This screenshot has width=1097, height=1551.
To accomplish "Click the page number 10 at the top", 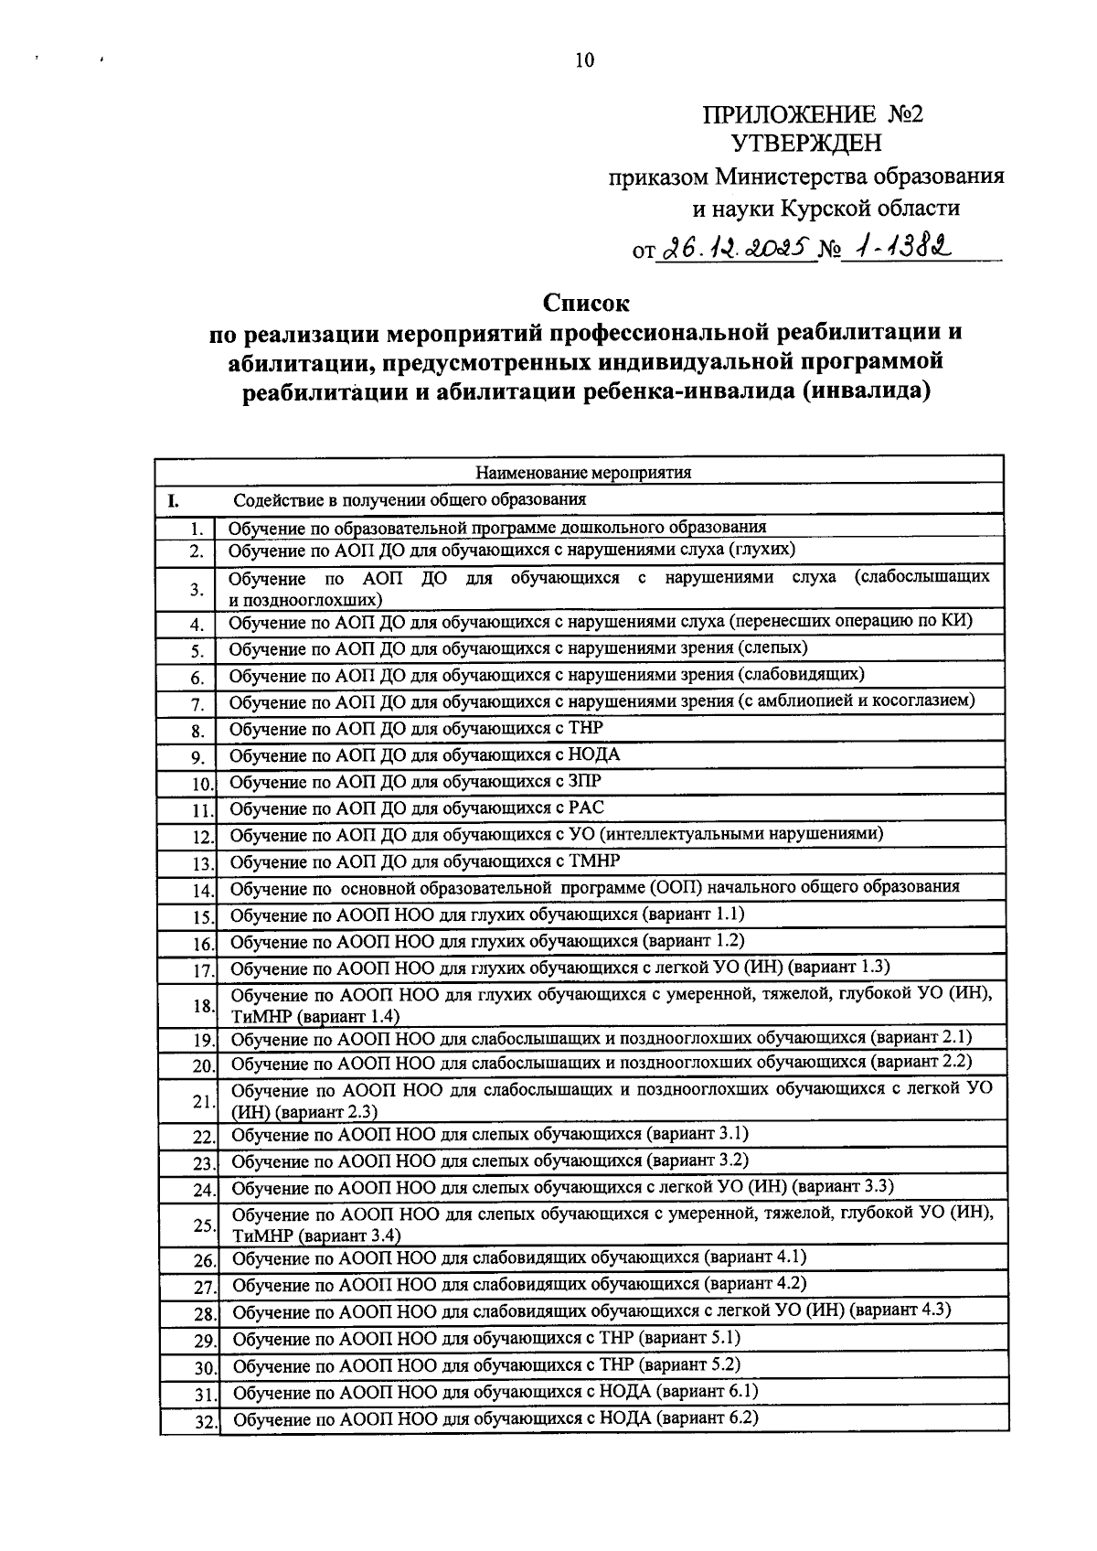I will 584,61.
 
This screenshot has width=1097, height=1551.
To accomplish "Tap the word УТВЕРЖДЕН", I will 808,143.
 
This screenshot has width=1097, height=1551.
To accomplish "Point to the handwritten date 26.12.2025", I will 736,248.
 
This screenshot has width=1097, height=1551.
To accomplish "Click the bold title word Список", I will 587,302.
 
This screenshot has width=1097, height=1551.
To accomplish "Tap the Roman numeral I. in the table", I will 171,501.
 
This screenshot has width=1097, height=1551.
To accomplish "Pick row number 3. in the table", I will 197,589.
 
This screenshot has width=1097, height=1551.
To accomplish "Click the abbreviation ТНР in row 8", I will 585,728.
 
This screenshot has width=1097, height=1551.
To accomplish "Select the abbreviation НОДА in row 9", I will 593,754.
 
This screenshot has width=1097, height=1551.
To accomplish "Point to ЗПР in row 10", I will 584,781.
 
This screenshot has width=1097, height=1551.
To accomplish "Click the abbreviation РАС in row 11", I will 585,808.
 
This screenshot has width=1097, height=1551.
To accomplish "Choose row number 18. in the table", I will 203,1006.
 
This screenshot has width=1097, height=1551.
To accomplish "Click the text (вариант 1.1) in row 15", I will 692,914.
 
